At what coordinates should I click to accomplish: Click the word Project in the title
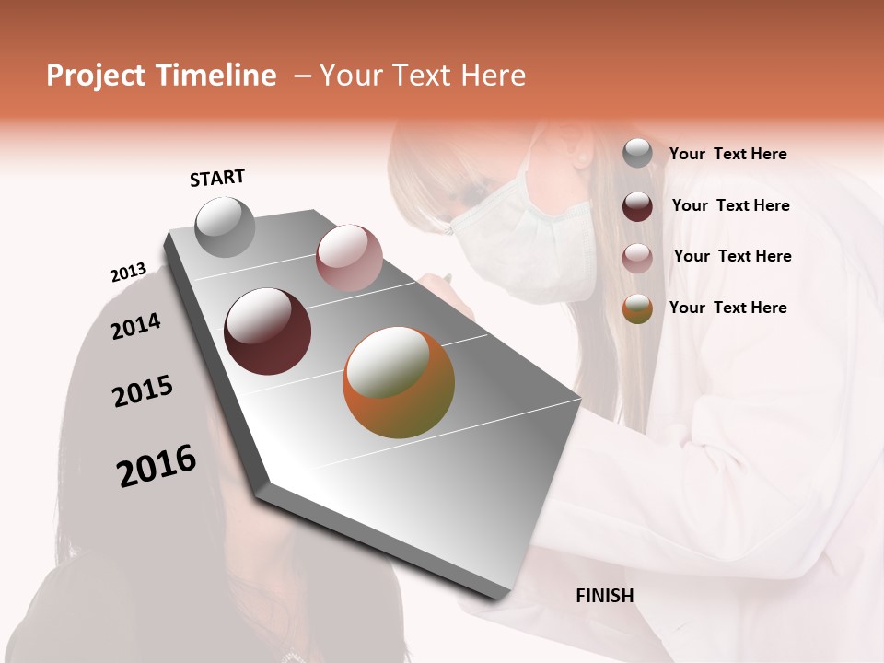[x=97, y=76]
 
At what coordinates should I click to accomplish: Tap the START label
[x=217, y=178]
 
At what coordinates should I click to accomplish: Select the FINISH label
[x=605, y=596]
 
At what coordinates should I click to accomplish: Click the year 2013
[x=128, y=273]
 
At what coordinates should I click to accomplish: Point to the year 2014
[x=135, y=326]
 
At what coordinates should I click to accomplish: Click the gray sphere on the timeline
[x=226, y=227]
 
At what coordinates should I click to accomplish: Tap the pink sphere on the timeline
[x=349, y=258]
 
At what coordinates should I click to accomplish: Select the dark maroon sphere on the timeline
[x=268, y=331]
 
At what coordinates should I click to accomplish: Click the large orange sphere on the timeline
[x=399, y=382]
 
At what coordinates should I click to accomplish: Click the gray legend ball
[x=637, y=154]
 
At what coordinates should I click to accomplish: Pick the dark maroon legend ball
[x=637, y=205]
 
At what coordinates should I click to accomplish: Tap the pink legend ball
[x=637, y=257]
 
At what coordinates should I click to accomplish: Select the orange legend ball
[x=637, y=308]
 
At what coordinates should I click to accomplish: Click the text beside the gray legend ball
[x=727, y=155]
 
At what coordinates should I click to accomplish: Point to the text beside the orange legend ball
[x=727, y=308]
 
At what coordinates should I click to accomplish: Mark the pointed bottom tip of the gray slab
[x=502, y=597]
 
